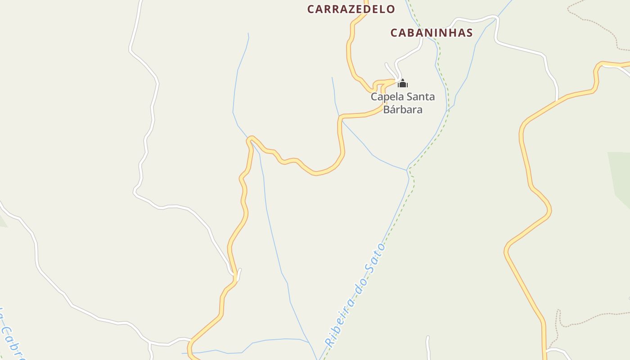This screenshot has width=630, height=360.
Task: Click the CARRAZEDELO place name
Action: pyautogui.click(x=351, y=9)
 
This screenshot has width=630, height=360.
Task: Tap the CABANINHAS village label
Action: pyautogui.click(x=432, y=33)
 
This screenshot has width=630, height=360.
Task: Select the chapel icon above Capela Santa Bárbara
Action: pyautogui.click(x=403, y=83)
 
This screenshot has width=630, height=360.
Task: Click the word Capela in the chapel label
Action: pyautogui.click(x=387, y=97)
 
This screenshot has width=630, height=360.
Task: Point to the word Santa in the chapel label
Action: pyautogui.click(x=421, y=97)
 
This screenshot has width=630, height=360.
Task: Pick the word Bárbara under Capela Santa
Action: pyautogui.click(x=403, y=109)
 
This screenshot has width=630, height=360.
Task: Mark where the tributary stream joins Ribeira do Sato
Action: pyautogui.click(x=407, y=170)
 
